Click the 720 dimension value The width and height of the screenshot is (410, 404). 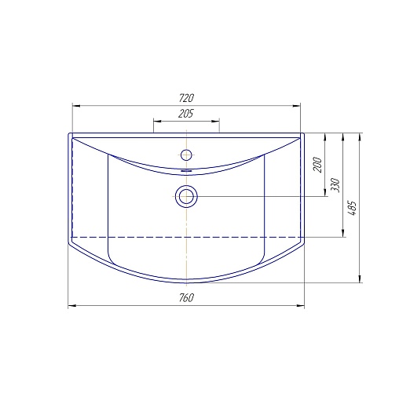click(x=186, y=98)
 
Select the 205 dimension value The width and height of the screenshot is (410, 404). click(x=185, y=114)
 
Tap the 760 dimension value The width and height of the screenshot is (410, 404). click(x=186, y=297)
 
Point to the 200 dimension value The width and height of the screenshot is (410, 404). click(x=317, y=165)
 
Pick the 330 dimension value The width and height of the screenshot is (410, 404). click(x=335, y=185)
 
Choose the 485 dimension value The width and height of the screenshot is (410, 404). click(x=352, y=208)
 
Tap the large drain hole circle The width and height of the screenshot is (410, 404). click(x=186, y=196)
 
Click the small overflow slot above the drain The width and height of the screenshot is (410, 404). click(x=186, y=170)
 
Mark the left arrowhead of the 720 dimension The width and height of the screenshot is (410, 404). click(x=76, y=106)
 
